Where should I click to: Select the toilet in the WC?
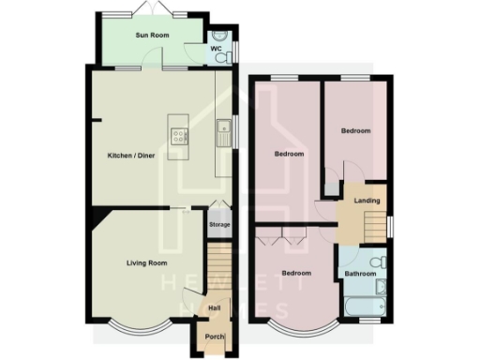(x=221, y=57)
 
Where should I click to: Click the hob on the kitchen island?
(x=177, y=137)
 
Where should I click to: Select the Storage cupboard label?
(x=218, y=225)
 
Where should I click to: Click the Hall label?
(x=215, y=307)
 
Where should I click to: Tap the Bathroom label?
(x=361, y=275)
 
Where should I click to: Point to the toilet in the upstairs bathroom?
(x=377, y=262)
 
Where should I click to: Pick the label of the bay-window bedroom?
(x=296, y=274)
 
